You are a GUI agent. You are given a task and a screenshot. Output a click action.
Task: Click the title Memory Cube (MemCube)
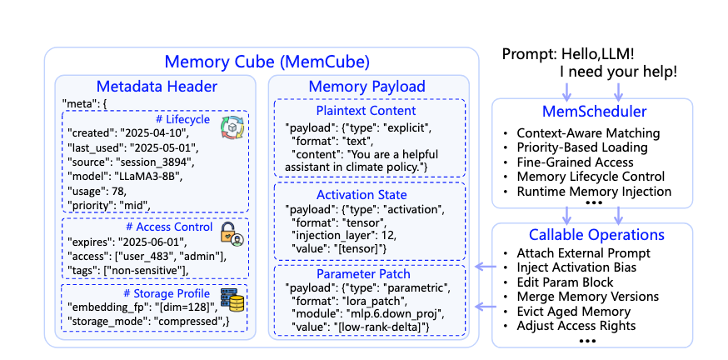267,62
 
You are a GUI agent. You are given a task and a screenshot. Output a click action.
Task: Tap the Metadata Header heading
157,87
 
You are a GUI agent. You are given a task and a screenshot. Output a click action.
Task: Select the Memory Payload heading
366,87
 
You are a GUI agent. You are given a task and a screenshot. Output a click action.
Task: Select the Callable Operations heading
591,234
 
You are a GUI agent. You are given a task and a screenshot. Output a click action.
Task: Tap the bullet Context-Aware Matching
588,132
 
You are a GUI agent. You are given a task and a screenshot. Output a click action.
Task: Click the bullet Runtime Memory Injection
594,191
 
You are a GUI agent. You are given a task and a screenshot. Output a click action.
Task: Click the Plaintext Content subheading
366,111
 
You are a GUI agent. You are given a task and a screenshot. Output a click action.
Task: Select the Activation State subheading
366,194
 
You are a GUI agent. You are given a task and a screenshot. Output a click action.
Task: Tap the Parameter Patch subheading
366,273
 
